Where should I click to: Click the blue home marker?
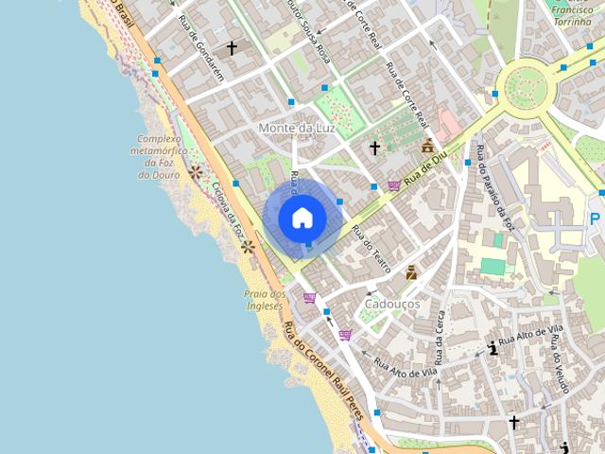pyautogui.click(x=302, y=218)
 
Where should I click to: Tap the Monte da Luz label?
pyautogui.click(x=295, y=128)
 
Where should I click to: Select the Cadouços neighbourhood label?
pyautogui.click(x=392, y=305)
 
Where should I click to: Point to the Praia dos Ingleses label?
pyautogui.click(x=264, y=300)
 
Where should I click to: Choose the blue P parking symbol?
pyautogui.click(x=595, y=219)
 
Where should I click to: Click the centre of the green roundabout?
pyautogui.click(x=527, y=89)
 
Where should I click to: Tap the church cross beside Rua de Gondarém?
pyautogui.click(x=232, y=47)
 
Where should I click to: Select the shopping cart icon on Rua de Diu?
pyautogui.click(x=393, y=186)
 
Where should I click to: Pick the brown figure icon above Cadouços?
pyautogui.click(x=411, y=273)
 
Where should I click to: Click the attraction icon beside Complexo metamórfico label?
pyautogui.click(x=196, y=172)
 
